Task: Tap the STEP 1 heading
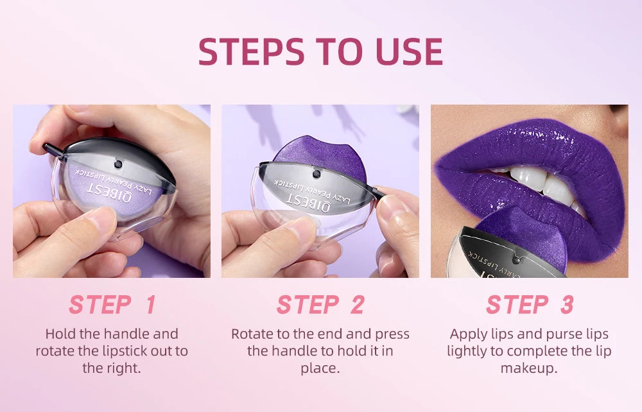tap(112, 305)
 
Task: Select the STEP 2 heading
tap(320, 305)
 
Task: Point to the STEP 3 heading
tap(530, 305)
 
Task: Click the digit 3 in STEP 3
tap(566, 305)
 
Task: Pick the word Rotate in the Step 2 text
tap(252, 334)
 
